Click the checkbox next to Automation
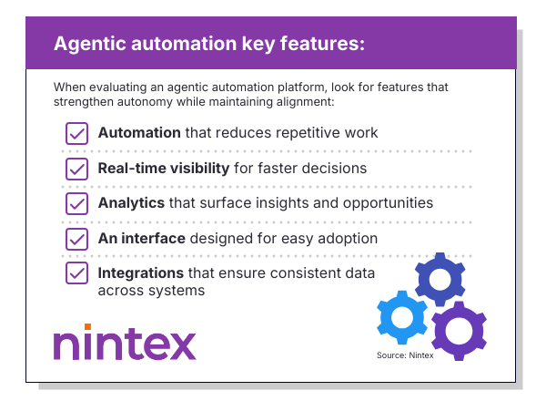click(76, 133)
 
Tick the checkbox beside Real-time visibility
click(76, 169)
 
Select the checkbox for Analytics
click(76, 203)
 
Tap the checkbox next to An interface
click(76, 239)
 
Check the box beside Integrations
click(76, 273)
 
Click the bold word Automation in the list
click(139, 133)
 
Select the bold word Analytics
click(131, 203)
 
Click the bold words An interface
click(142, 239)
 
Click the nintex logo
click(124, 344)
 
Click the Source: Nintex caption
click(405, 355)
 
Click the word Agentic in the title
click(88, 44)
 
